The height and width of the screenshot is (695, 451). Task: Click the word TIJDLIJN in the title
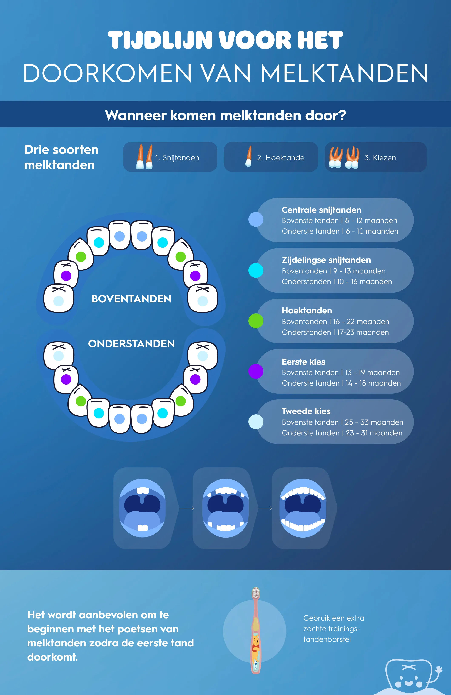pos(160,40)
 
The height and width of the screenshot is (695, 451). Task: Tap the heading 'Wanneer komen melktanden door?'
pos(225,115)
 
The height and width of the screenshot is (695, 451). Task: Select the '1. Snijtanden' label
pos(177,158)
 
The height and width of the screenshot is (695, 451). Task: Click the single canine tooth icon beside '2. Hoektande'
pos(248,157)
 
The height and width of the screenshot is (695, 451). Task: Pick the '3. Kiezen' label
pos(380,158)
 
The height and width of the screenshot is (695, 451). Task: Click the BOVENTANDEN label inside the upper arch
pos(131,299)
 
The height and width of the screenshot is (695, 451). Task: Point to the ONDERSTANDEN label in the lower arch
pos(131,344)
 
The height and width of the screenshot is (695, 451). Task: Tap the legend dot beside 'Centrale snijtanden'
pos(256,220)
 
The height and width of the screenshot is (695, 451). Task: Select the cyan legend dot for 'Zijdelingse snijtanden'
pos(256,270)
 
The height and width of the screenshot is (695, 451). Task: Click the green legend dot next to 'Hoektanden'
pos(256,321)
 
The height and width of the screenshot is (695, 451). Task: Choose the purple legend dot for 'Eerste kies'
pos(256,372)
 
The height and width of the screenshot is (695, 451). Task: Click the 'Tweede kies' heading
pos(306,411)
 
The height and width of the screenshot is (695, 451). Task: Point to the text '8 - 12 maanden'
pos(371,220)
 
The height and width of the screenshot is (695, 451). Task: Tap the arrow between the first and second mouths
pos(187,508)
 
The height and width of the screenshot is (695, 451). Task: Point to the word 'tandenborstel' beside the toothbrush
pos(327,639)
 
